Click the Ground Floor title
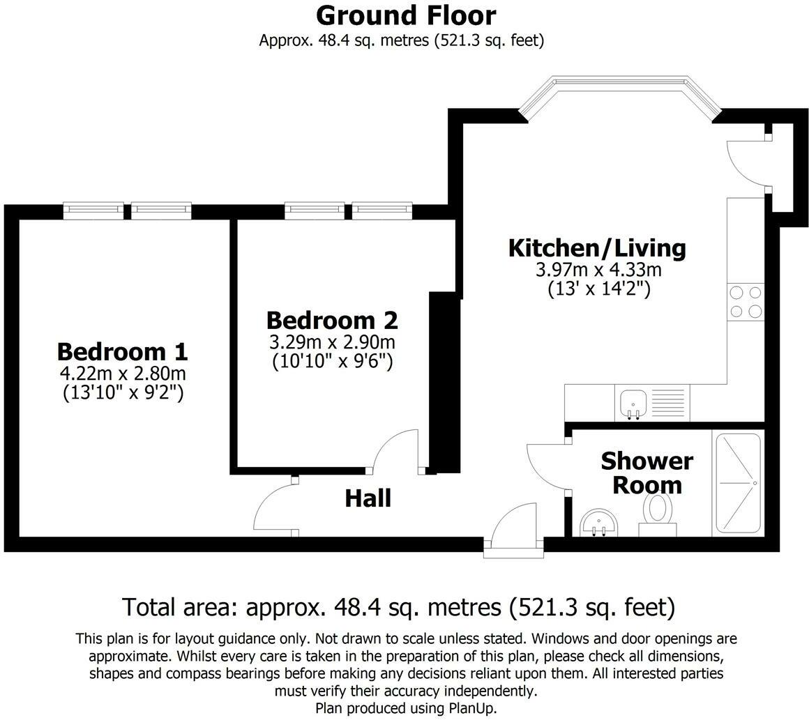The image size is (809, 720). pyautogui.click(x=406, y=15)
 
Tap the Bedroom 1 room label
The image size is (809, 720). pyautogui.click(x=122, y=351)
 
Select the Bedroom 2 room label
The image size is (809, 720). pyautogui.click(x=332, y=320)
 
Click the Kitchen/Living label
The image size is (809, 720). pyautogui.click(x=597, y=247)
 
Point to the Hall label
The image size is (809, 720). pyautogui.click(x=368, y=498)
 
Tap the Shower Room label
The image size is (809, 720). pyautogui.click(x=647, y=473)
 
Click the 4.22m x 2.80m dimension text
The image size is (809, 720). pyautogui.click(x=123, y=374)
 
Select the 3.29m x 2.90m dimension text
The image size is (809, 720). pyautogui.click(x=332, y=342)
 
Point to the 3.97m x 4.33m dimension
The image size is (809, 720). pyautogui.click(x=597, y=270)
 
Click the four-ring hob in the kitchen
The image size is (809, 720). pyautogui.click(x=745, y=302)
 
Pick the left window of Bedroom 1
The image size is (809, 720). pyautogui.click(x=93, y=210)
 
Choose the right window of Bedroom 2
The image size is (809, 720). pyautogui.click(x=381, y=210)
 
